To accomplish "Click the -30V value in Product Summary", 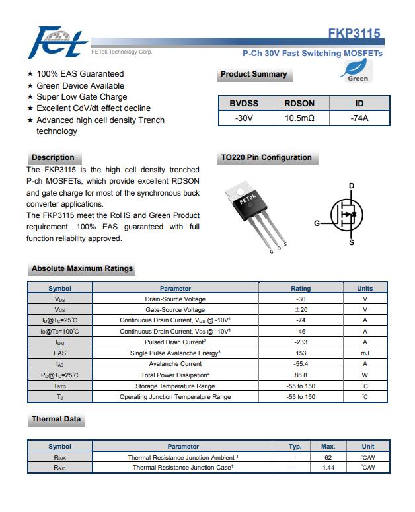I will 244,118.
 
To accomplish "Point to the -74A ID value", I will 359,118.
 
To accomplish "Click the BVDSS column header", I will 244,103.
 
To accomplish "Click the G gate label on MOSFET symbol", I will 317,223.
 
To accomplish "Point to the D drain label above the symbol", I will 351,186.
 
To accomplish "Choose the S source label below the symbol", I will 351,242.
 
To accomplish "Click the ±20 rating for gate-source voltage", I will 301,309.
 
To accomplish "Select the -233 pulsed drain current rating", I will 301,342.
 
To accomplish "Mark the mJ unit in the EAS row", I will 365,353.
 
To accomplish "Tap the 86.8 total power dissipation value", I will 301,375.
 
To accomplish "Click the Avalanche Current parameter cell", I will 175,364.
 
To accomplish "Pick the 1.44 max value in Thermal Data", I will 328,468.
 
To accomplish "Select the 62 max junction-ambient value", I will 328,457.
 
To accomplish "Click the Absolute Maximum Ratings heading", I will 82,269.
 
